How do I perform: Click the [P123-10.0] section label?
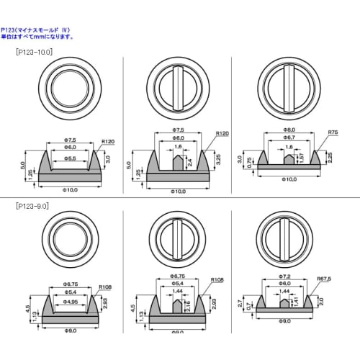click(x=35, y=53)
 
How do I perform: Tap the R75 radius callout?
click(x=333, y=132)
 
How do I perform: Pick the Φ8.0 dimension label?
click(x=288, y=130)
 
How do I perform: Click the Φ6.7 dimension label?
click(x=288, y=137)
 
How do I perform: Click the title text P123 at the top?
click(x=9, y=30)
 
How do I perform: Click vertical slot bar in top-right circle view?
click(x=288, y=87)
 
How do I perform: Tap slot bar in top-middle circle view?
click(x=178, y=87)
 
